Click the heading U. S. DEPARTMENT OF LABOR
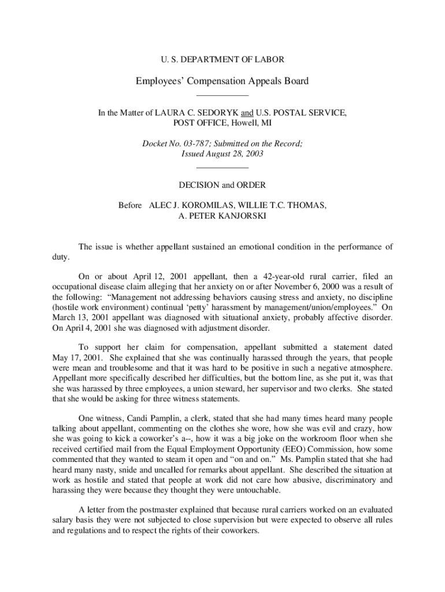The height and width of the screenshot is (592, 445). click(x=222, y=59)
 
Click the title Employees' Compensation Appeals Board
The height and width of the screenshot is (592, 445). click(x=222, y=81)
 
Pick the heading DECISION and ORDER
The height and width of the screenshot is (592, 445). click(x=222, y=185)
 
